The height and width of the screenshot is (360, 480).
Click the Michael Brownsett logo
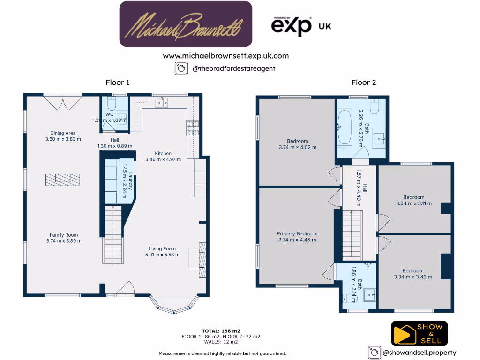[186, 24]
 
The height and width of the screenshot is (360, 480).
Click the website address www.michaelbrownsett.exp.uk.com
[225, 56]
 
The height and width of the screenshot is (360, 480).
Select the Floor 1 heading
[117, 82]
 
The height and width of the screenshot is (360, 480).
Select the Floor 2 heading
[364, 82]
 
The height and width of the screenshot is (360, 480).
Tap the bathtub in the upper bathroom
[345, 127]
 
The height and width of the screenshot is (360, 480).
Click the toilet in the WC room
[112, 105]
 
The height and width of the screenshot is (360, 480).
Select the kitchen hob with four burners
[192, 128]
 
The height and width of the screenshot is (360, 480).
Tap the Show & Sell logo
[419, 333]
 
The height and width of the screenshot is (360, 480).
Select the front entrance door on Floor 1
[125, 289]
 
